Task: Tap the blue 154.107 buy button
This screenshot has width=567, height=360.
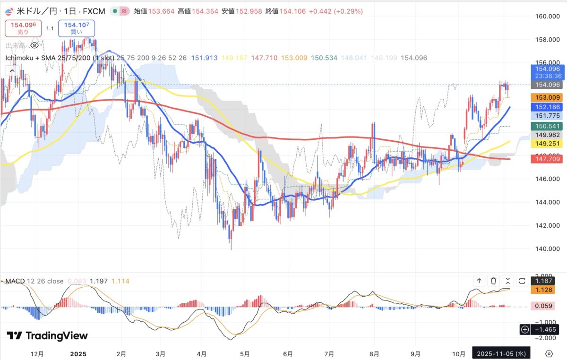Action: pos(77,28)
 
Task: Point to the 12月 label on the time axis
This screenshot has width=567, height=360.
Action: pos(37,353)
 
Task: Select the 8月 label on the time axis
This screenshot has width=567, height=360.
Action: pos(375,353)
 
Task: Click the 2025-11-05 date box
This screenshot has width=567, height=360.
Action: pos(501,353)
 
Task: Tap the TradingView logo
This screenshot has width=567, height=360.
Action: pos(47,336)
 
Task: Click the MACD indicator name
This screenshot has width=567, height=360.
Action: pos(15,281)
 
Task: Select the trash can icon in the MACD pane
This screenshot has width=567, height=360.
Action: pos(494,281)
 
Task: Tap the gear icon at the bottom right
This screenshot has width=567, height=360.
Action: pos(549,353)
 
